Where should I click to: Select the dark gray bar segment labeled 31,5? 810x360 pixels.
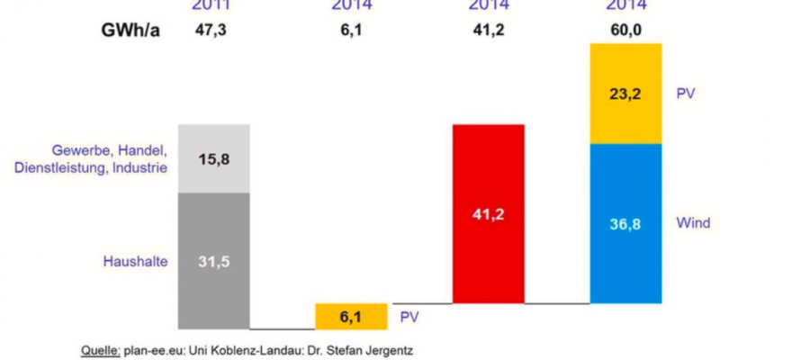(213, 261)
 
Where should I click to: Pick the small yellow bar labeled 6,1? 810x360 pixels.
(351, 316)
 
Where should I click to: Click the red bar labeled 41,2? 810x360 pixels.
(488, 214)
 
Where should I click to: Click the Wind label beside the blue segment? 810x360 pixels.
(694, 222)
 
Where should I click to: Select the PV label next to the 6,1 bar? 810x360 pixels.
(409, 317)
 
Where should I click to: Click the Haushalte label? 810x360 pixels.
(133, 262)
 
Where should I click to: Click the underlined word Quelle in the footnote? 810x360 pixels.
(95, 348)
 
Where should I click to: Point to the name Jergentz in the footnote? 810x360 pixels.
(388, 348)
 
